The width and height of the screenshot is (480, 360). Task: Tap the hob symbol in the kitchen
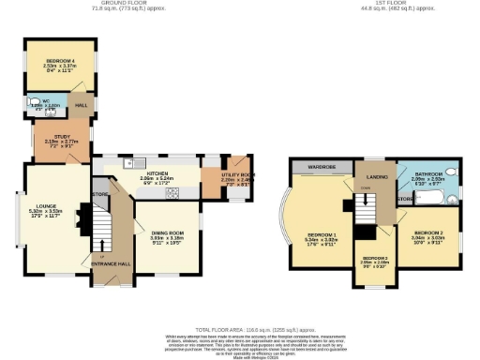(x=172, y=194)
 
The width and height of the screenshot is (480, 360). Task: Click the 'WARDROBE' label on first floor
(x=319, y=168)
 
